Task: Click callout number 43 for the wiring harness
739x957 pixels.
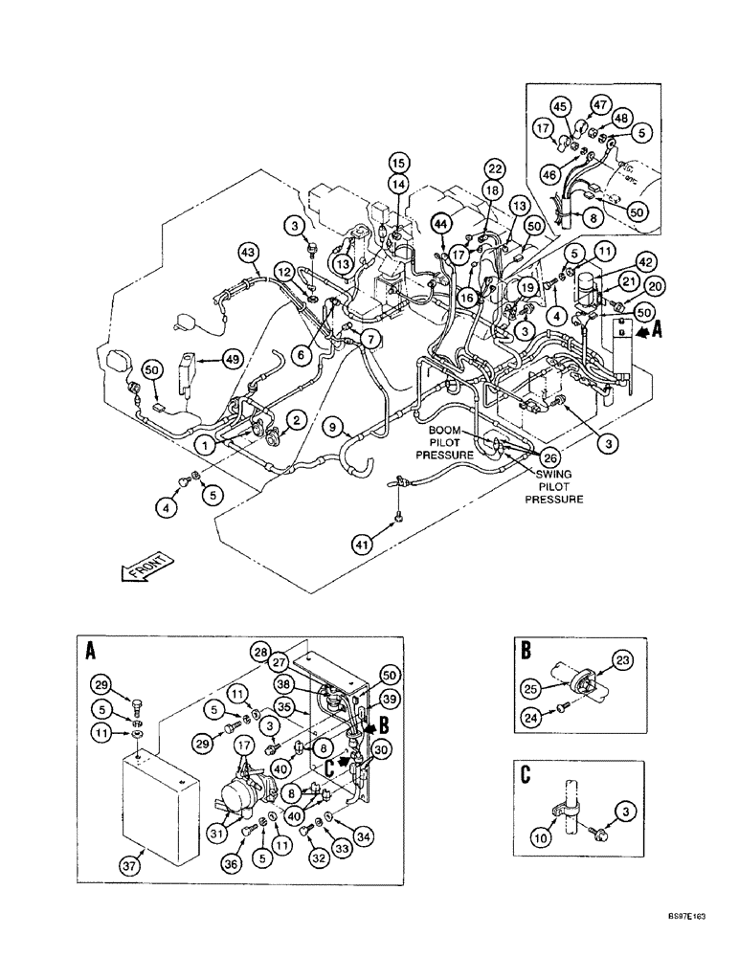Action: click(x=249, y=252)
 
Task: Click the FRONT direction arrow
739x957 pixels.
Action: click(x=145, y=568)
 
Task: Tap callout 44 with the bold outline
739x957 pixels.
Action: click(x=440, y=223)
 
